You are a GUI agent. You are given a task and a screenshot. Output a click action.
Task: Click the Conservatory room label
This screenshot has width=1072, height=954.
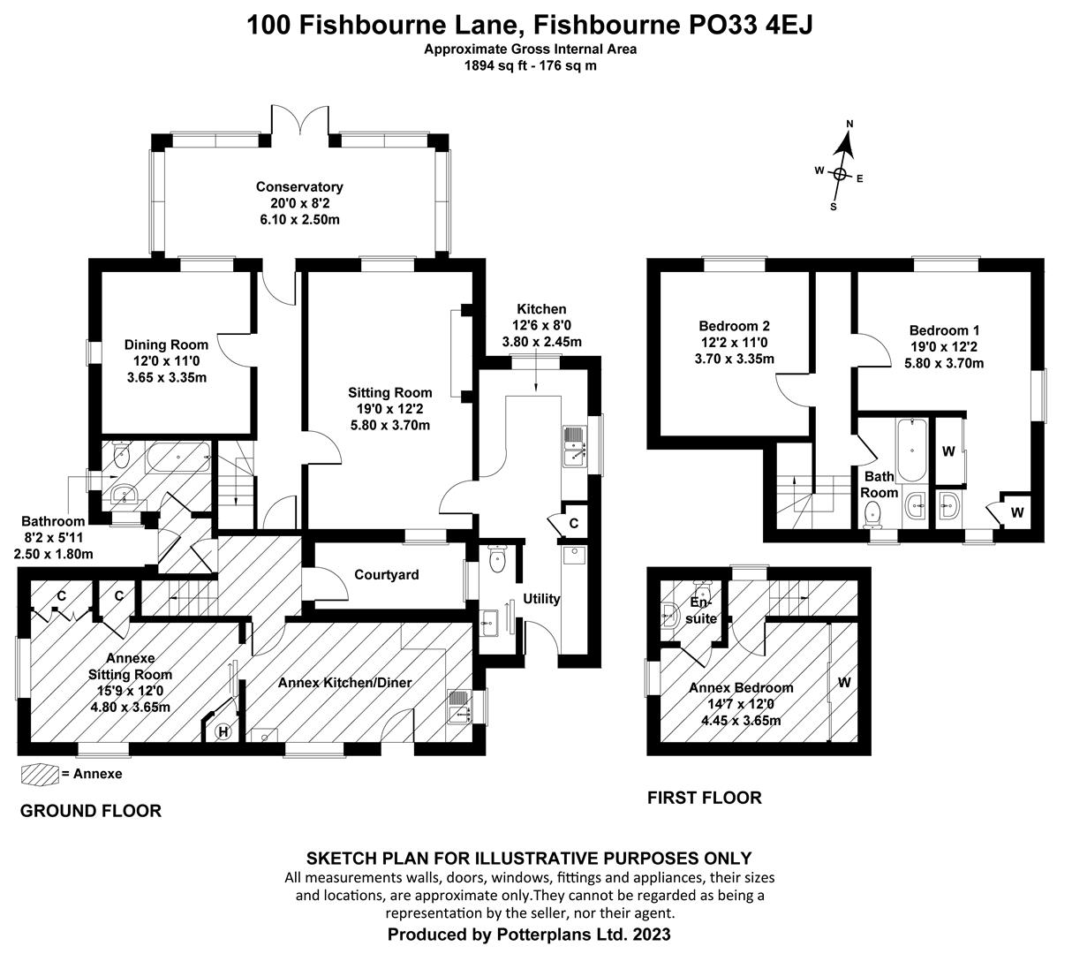pyautogui.click(x=299, y=187)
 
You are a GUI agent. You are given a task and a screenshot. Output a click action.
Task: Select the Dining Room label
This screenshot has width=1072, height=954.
pyautogui.click(x=166, y=345)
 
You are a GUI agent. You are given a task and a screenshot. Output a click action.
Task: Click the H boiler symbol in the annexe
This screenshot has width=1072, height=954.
pyautogui.click(x=223, y=731)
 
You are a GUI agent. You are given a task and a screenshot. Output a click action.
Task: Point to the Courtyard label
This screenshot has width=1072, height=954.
pyautogui.click(x=386, y=575)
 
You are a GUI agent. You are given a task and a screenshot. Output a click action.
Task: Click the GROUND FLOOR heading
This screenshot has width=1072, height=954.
pyautogui.click(x=90, y=811)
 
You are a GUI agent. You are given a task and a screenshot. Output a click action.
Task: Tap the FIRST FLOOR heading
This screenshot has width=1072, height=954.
pyautogui.click(x=704, y=799)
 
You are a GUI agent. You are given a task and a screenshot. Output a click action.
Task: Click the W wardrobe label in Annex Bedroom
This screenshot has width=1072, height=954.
pyautogui.click(x=844, y=683)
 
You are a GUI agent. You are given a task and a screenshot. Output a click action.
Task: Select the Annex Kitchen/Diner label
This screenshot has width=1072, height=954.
pyautogui.click(x=345, y=683)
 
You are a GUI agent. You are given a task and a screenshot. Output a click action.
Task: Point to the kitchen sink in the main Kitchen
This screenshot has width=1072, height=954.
pyautogui.click(x=574, y=446)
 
